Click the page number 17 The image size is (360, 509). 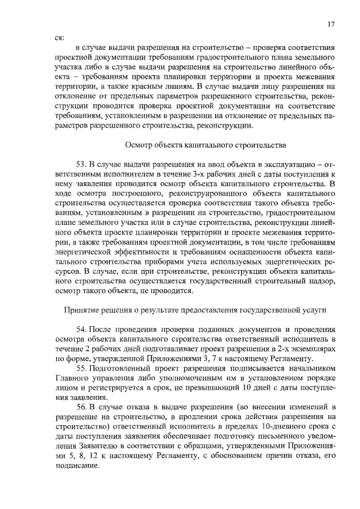coord(331,24)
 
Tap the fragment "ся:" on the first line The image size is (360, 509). coord(58,38)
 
